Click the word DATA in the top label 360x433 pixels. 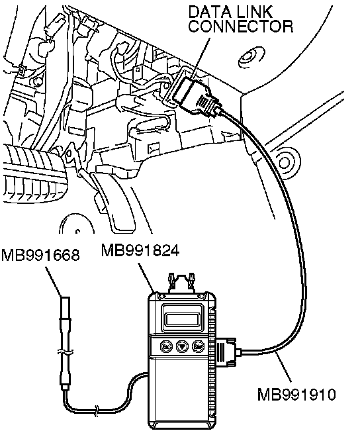point(208,12)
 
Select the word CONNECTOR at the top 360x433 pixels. point(240,26)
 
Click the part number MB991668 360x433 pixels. point(40,255)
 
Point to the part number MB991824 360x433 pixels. point(140,250)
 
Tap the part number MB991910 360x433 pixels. point(296,394)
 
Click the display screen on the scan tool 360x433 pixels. point(183,318)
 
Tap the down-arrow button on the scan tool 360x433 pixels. point(182,346)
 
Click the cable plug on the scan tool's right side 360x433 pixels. point(226,353)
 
